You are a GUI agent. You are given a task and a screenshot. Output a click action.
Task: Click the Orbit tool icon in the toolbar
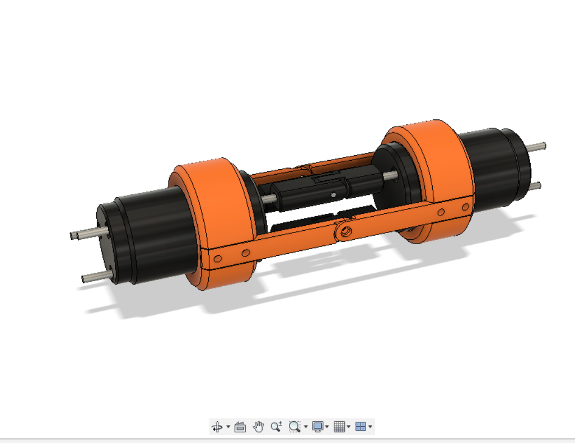click(217, 427)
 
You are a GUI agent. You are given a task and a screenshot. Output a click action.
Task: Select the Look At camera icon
click(240, 427)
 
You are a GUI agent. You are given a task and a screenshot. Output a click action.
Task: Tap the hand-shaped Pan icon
click(258, 427)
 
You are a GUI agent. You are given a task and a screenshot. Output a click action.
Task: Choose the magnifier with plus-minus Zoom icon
click(276, 427)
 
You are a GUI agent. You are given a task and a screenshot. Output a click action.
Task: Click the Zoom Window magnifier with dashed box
click(294, 427)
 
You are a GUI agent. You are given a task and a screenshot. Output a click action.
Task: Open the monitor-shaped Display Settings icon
click(318, 427)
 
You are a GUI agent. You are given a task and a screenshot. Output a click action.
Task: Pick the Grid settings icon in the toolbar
click(339, 427)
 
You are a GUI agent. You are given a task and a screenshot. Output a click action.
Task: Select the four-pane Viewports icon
click(361, 427)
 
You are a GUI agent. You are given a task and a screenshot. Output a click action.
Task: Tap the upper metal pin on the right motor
click(537, 146)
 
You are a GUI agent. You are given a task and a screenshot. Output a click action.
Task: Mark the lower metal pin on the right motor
click(535, 185)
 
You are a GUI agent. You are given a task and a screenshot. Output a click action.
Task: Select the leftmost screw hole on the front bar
click(218, 258)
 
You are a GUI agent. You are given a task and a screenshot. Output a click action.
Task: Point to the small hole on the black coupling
click(334, 195)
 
